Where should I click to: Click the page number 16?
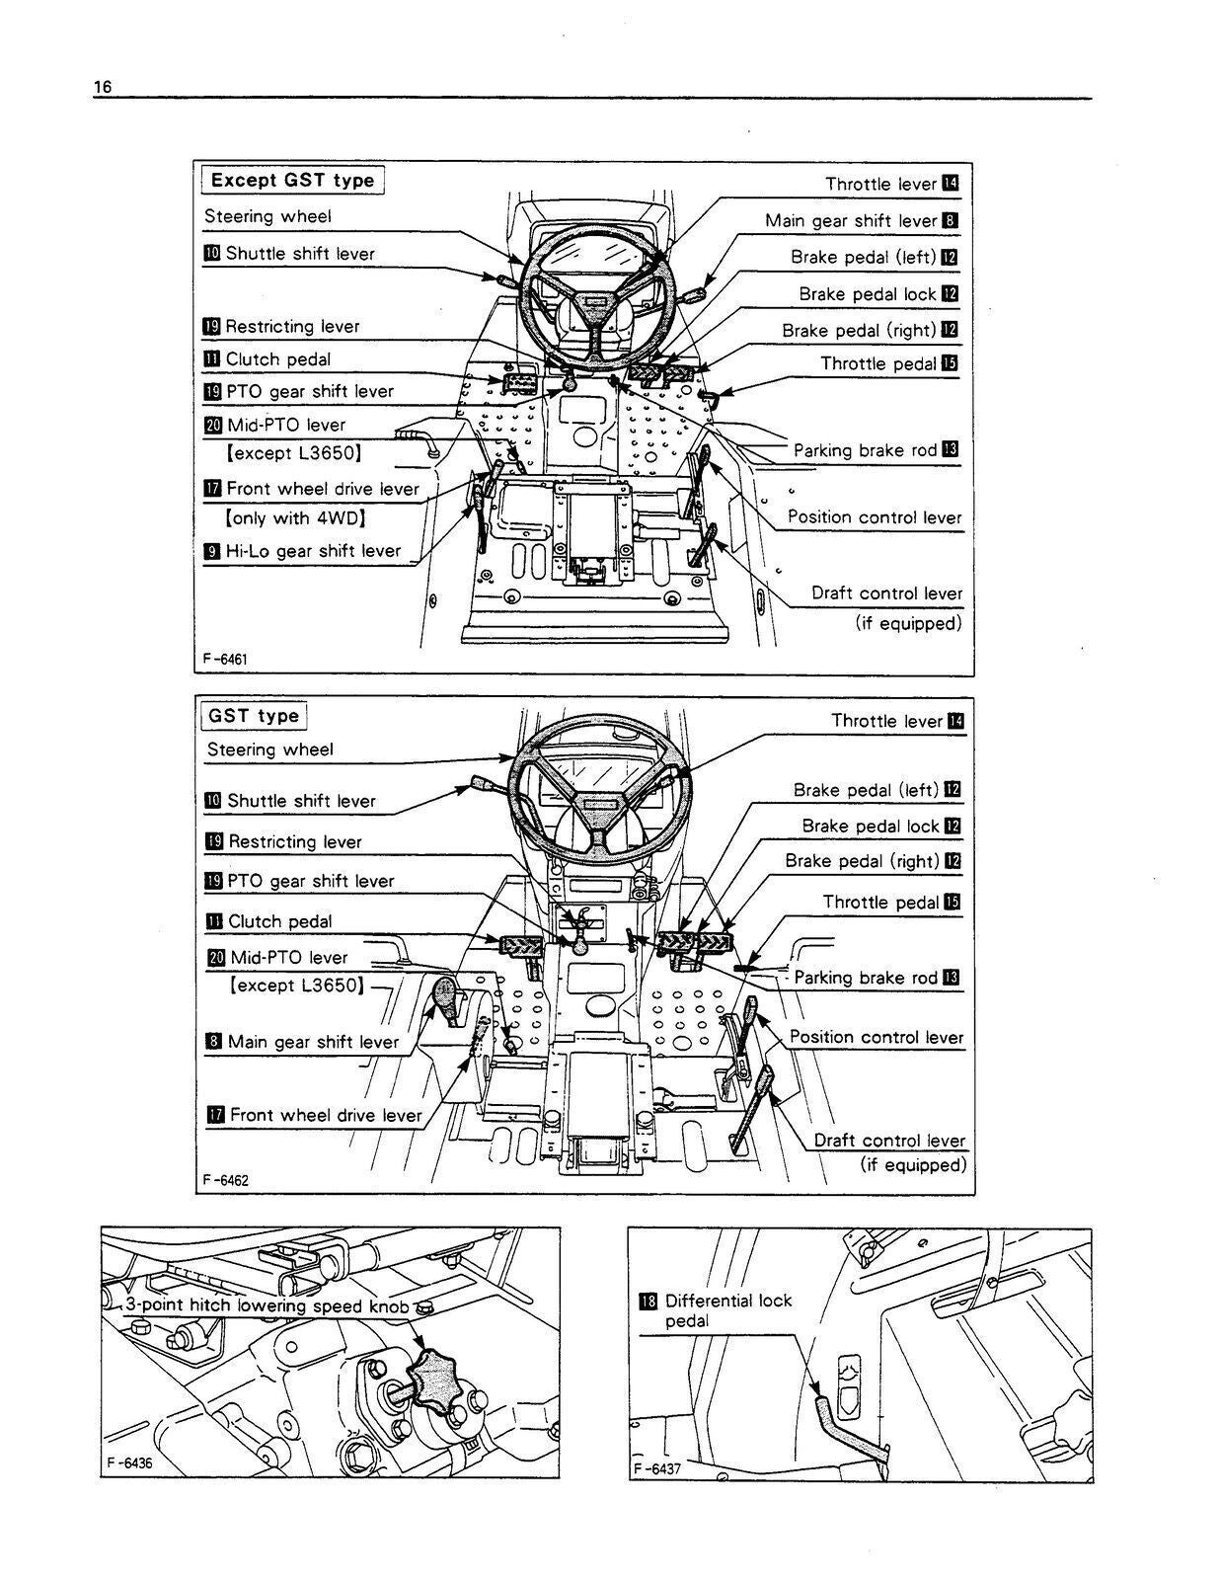[102, 88]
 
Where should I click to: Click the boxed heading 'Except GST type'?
[292, 180]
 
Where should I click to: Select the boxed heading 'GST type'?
[254, 716]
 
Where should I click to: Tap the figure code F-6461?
[225, 659]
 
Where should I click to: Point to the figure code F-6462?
[225, 1179]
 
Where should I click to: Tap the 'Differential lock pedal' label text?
[727, 1310]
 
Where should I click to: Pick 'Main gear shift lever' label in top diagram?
[850, 221]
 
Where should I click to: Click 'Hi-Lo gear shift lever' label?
[313, 551]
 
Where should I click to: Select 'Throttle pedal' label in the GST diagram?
[880, 902]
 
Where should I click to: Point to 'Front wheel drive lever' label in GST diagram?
[326, 1115]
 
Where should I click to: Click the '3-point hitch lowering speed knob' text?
[267, 1305]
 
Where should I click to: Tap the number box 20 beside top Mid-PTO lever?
[213, 426]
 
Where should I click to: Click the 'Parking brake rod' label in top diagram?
[865, 450]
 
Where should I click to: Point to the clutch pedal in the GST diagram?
[520, 944]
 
